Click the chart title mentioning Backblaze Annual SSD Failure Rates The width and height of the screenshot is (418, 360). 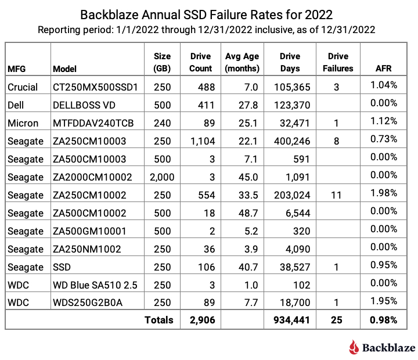pyautogui.click(x=208, y=13)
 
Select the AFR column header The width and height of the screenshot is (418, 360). pyautogui.click(x=384, y=69)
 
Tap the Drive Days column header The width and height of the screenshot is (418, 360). pyautogui.click(x=290, y=62)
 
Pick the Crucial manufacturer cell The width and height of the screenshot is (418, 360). pyautogui.click(x=23, y=87)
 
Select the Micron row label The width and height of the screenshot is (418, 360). pyautogui.click(x=23, y=123)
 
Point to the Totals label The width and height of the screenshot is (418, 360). pyautogui.click(x=159, y=320)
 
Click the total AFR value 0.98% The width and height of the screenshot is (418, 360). pyautogui.click(x=383, y=320)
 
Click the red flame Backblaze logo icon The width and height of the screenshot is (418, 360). pyautogui.click(x=354, y=347)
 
